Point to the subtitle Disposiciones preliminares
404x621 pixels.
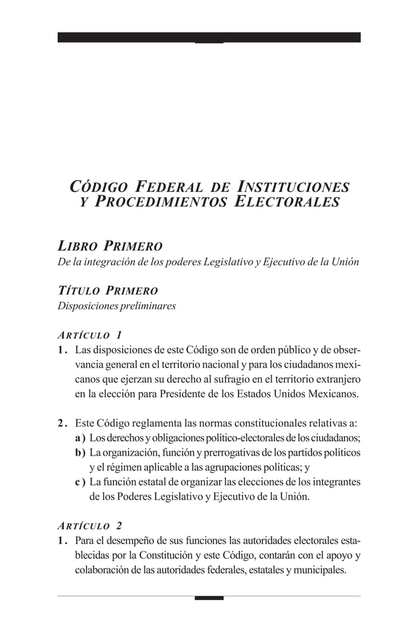click(117, 306)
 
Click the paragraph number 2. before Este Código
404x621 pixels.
click(62, 423)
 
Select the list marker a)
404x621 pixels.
click(80, 438)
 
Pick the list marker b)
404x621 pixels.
click(80, 453)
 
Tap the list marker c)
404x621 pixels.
click(80, 483)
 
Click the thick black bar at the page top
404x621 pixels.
click(209, 37)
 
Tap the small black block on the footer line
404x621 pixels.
click(209, 598)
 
